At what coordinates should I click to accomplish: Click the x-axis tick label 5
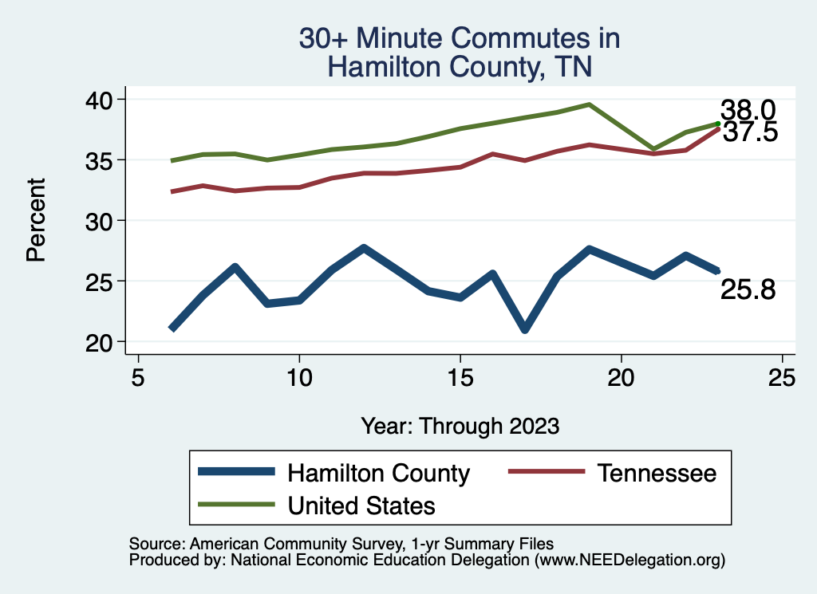139,377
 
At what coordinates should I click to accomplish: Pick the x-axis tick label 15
460,377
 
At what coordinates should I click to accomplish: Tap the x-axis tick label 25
782,377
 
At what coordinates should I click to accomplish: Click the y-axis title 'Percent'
35,219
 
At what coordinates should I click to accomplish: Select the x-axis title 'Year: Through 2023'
460,425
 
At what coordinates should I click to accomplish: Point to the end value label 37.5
750,132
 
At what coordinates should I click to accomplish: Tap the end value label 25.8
748,290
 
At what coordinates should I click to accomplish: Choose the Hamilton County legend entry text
378,473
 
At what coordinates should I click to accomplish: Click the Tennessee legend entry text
657,473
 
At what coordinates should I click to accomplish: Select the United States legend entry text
361,505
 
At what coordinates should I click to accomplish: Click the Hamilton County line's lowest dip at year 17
524,328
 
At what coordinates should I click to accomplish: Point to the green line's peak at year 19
589,104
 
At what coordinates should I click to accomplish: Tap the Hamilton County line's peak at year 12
364,249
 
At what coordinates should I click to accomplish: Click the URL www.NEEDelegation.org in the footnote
630,560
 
